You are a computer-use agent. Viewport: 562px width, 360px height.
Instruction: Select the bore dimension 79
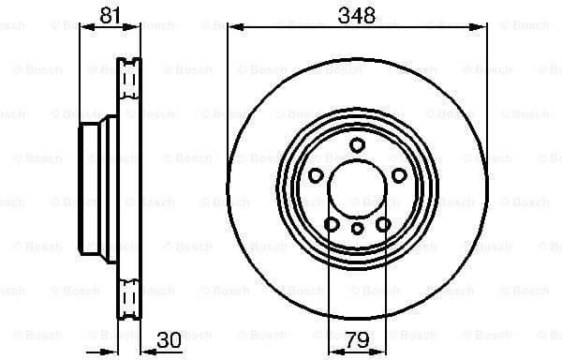pos(357,340)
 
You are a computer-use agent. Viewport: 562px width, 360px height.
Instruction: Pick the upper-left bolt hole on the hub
pos(316,175)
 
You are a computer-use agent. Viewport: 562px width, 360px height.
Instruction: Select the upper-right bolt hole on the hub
pos(399,175)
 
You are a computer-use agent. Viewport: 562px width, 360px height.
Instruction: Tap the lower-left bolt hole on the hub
pos(332,223)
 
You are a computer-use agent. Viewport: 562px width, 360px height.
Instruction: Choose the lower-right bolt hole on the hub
pos(382,223)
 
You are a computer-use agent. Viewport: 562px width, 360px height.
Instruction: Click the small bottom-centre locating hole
pos(357,229)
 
